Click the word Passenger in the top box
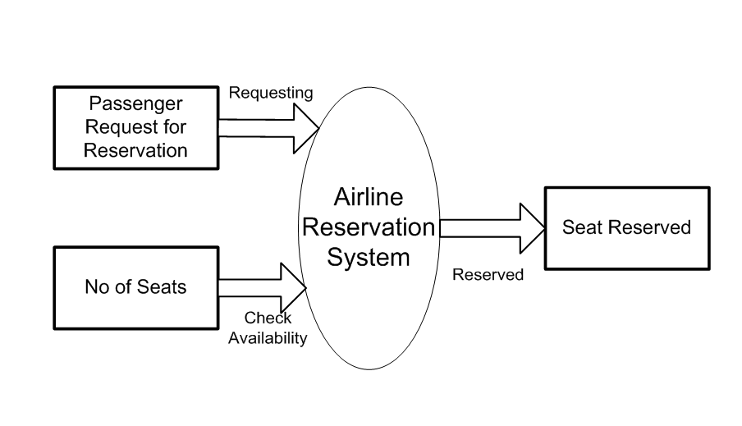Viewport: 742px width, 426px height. click(135, 104)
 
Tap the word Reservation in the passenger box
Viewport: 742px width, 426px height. click(135, 150)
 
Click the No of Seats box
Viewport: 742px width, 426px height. click(135, 286)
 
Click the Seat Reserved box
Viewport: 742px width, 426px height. click(626, 228)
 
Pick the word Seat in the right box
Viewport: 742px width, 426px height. click(579, 227)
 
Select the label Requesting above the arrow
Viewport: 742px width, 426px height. click(270, 93)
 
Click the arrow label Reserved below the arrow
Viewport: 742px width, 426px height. click(488, 275)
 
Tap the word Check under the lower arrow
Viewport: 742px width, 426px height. click(268, 318)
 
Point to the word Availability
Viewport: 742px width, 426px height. click(268, 337)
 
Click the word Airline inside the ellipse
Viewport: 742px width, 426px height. click(369, 197)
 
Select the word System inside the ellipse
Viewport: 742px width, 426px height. click(369, 257)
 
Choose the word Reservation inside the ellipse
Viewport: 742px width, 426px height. click(369, 227)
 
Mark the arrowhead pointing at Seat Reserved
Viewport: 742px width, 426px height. click(532, 227)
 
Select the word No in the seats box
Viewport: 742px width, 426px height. click(94, 287)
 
